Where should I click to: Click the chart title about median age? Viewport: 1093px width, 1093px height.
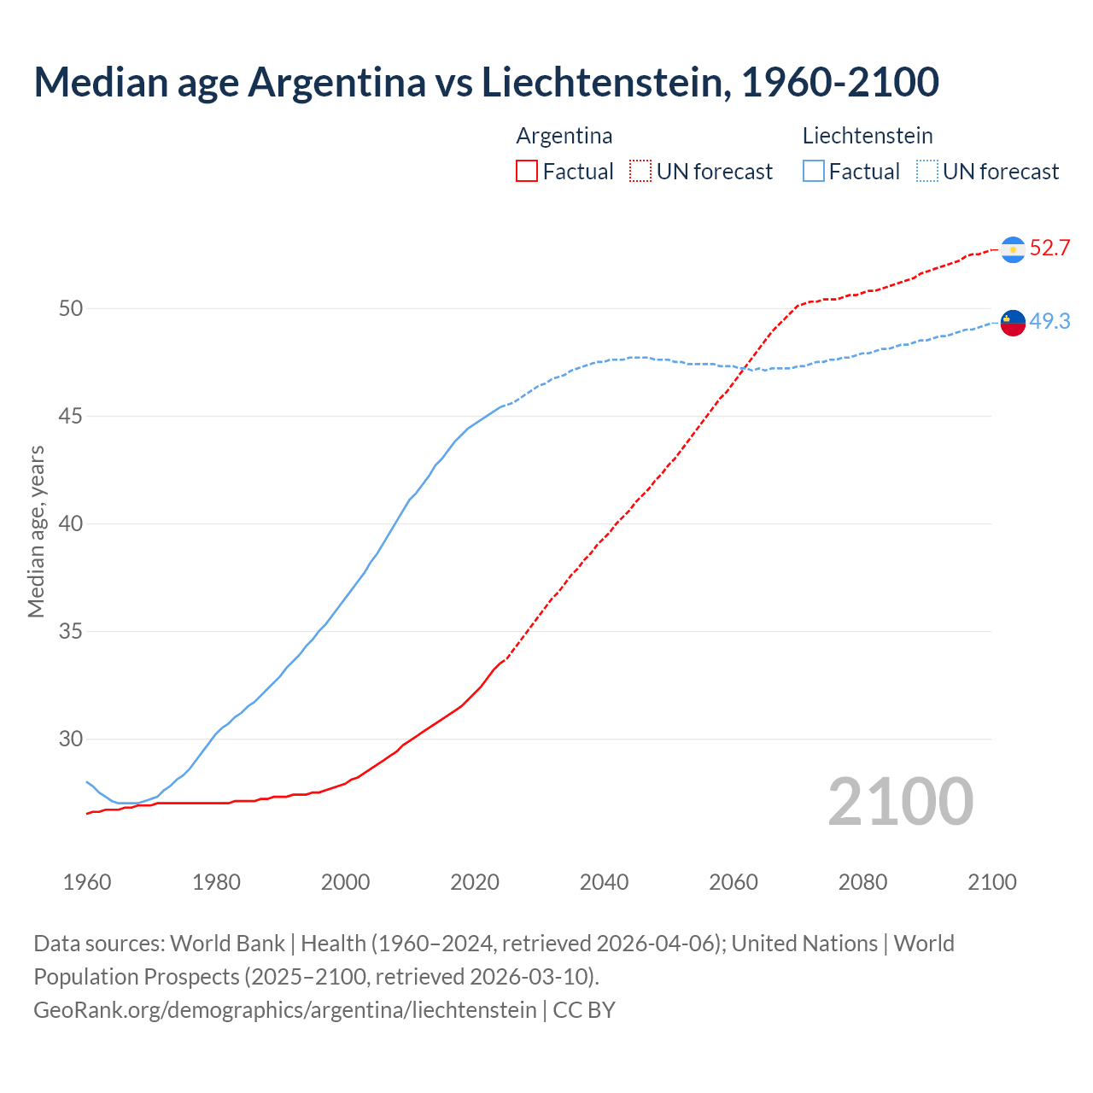tap(486, 82)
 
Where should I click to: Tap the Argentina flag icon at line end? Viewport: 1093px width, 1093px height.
tap(1013, 249)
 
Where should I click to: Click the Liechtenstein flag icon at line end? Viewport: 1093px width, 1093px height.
tap(1013, 322)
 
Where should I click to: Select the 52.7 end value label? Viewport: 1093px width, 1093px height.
tap(1049, 248)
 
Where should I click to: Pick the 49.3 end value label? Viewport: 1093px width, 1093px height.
tap(1049, 321)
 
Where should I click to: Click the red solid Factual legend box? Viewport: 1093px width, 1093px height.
tap(527, 172)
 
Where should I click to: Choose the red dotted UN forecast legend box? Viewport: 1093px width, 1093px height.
tap(640, 172)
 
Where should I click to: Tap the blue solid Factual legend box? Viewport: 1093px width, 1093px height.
tap(814, 172)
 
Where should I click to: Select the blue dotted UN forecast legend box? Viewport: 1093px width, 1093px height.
tap(926, 172)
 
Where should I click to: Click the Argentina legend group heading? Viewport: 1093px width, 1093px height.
tap(564, 136)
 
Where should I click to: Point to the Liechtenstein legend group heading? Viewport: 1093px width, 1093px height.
tap(868, 136)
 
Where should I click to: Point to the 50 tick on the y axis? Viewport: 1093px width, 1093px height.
tap(71, 308)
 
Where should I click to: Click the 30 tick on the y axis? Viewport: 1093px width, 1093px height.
tap(71, 739)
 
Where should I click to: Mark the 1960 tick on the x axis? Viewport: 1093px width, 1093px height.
tap(87, 882)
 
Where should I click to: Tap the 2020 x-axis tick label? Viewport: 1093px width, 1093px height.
tap(475, 882)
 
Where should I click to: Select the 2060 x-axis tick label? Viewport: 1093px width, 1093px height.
tap(734, 882)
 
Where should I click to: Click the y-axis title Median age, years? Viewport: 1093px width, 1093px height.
tap(36, 531)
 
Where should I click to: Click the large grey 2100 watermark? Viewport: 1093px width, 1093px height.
tap(900, 802)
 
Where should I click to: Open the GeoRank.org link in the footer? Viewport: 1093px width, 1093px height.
tap(285, 1010)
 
